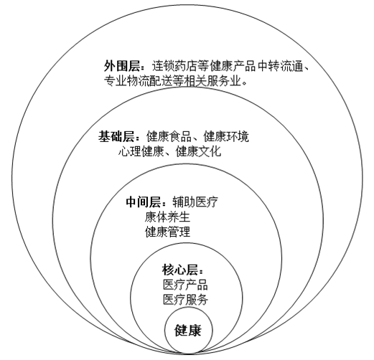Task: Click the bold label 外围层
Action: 122,66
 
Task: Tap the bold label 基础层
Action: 116,137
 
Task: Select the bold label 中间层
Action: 143,202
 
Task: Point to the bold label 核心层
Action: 180,270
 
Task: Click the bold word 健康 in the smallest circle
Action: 188,331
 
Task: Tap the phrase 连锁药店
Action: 175,66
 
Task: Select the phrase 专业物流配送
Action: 138,81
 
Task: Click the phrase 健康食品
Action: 169,137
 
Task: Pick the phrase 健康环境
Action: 226,137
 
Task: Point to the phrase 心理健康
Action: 141,151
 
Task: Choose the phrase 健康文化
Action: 198,151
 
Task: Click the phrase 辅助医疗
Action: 195,202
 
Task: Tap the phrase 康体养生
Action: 167,217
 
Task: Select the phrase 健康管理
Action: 167,232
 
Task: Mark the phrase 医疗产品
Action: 185,285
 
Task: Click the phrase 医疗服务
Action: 185,300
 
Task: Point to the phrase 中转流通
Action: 280,66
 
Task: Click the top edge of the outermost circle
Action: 187,4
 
